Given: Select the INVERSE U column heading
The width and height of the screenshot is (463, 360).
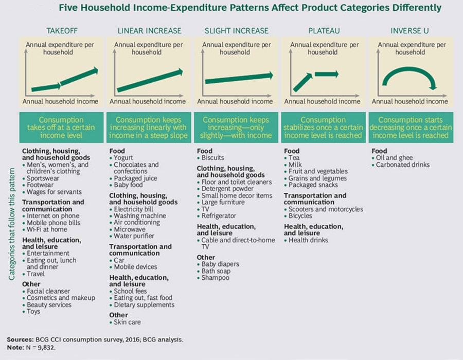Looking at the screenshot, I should coord(410,30).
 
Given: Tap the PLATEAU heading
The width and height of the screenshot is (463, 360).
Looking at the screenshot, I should coord(323,30).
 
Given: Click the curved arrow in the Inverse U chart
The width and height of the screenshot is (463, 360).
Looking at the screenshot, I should coord(410,78).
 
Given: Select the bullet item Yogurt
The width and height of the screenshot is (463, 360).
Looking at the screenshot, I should coord(125,158).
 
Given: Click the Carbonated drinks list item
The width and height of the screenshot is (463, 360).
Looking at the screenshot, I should coord(402,165).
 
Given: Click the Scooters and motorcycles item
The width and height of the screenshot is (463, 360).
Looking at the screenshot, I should coord(326,209).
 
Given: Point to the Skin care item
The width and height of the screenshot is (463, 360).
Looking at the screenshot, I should coord(127,322).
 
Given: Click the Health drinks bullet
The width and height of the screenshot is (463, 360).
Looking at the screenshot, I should coord(309,240).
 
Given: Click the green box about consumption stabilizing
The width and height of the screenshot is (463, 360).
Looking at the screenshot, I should coord(323,128).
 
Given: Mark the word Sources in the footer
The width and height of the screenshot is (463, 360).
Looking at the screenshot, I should coord(20,339).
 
